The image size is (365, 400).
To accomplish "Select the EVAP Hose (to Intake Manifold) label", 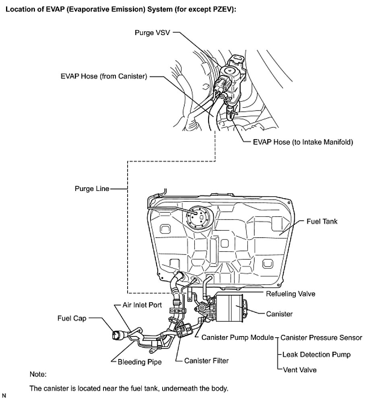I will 303,142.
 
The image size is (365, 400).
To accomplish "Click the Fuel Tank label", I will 321,221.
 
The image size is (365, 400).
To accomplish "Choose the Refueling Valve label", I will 291,294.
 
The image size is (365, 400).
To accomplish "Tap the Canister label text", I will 280,314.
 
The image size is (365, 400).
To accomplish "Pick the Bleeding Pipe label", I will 140,362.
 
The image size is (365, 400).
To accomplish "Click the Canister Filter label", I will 206,361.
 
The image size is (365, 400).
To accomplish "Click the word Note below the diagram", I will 38,375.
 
